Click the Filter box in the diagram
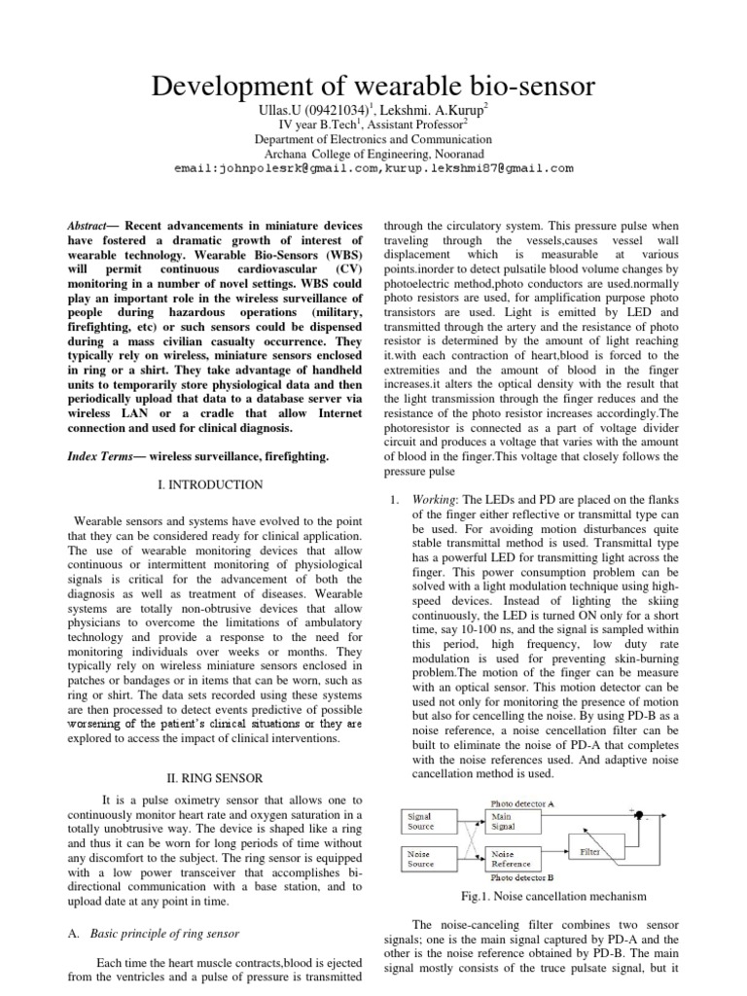pyautogui.click(x=590, y=851)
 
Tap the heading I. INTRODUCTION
pyautogui.click(x=209, y=483)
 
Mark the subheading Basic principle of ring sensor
pyautogui.click(x=164, y=934)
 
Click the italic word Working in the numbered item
pyautogui.click(x=434, y=499)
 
